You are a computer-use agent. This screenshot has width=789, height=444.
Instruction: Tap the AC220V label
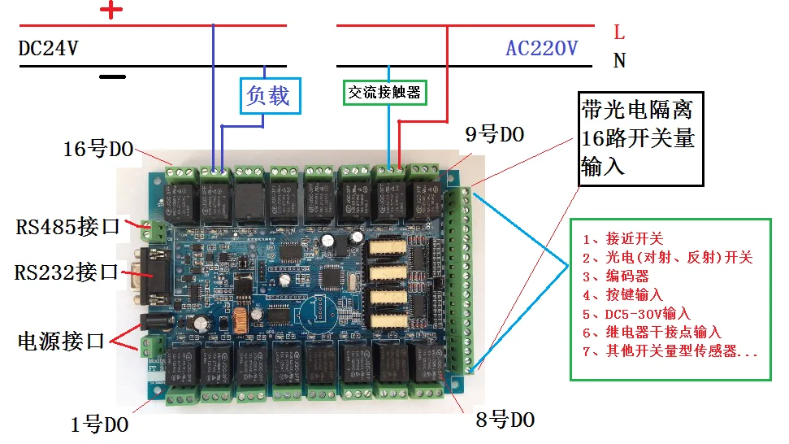(x=541, y=48)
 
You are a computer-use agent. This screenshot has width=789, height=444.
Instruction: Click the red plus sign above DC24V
(x=112, y=10)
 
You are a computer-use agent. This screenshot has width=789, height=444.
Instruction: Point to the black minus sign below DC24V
(x=113, y=77)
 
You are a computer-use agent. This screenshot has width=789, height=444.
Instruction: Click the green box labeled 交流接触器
(x=384, y=93)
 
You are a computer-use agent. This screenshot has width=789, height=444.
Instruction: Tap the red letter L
(x=619, y=33)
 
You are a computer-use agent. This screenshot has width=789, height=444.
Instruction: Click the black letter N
(x=619, y=60)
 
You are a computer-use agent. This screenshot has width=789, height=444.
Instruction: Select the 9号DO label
(x=494, y=135)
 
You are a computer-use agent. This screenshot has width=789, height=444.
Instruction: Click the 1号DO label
(x=99, y=424)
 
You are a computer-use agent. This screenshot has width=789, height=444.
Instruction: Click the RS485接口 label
(x=67, y=226)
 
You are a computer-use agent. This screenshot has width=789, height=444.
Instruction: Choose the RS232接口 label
(x=67, y=272)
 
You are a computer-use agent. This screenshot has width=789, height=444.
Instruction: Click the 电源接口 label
(x=61, y=341)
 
